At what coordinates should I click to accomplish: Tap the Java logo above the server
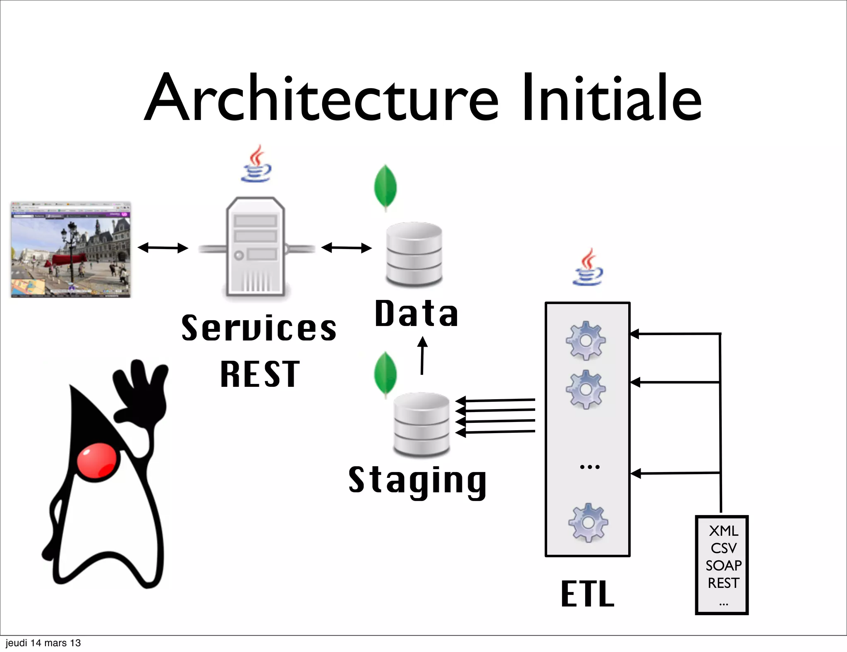[x=257, y=164]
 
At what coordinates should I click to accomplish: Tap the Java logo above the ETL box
[x=588, y=267]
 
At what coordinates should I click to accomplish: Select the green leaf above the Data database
[x=385, y=187]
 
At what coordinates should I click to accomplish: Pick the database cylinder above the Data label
[x=414, y=254]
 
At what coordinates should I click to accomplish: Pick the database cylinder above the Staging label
[x=421, y=424]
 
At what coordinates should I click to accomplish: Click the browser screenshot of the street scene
[x=71, y=250]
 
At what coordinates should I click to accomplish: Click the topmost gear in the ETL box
[x=586, y=340]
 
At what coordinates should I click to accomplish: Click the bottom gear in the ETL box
[x=588, y=523]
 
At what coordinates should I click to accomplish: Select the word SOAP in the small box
[x=723, y=566]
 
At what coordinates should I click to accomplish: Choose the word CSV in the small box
[x=723, y=548]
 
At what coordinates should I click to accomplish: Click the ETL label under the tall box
[x=588, y=594]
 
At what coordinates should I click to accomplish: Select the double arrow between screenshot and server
[x=163, y=248]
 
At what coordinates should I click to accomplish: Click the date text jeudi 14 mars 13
[x=43, y=643]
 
